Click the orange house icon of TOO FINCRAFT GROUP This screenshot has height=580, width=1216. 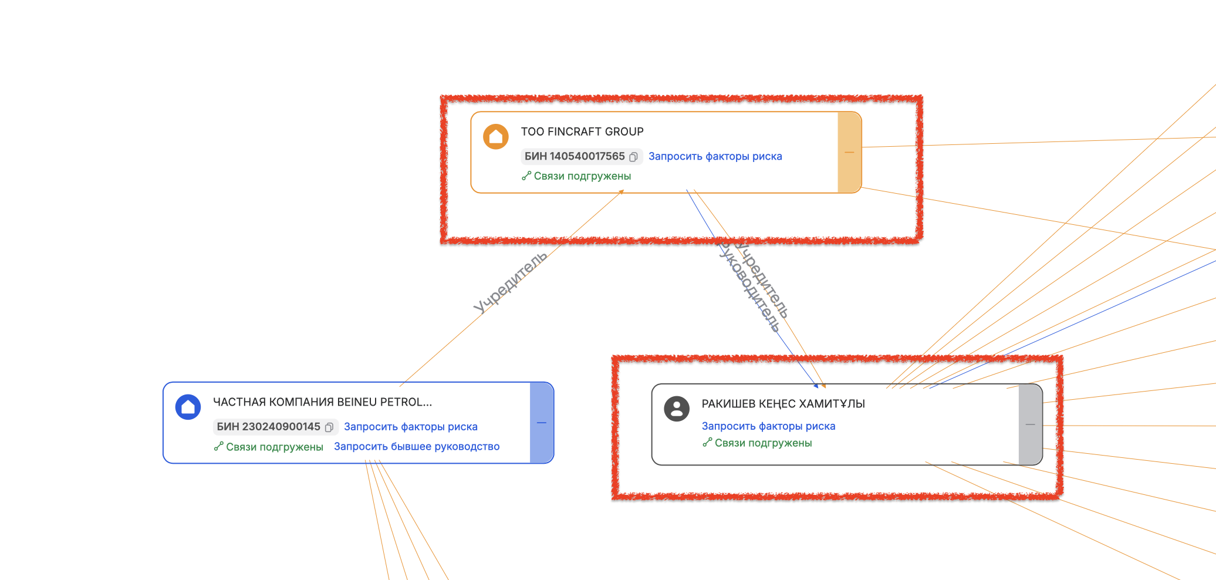click(496, 137)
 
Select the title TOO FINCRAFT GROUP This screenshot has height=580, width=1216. click(582, 131)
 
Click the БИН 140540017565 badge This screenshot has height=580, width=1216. click(575, 156)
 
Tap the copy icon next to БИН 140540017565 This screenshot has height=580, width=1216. click(634, 157)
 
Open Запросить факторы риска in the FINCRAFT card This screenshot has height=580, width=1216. click(715, 156)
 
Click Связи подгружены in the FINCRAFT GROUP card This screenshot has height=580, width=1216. click(582, 176)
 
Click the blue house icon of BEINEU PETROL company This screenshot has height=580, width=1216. click(188, 407)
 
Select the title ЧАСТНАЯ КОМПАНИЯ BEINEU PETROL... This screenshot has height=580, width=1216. click(322, 402)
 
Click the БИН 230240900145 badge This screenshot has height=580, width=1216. click(268, 427)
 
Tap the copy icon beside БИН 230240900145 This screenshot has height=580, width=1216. click(329, 427)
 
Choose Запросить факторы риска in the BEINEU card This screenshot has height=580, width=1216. click(410, 427)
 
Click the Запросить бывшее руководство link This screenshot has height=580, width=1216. click(417, 447)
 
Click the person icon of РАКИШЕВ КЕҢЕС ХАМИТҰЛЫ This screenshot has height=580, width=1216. click(677, 408)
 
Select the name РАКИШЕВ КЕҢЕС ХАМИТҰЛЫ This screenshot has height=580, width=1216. click(783, 404)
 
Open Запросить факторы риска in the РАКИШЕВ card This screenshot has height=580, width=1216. click(768, 426)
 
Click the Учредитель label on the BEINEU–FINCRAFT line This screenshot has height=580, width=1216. click(510, 282)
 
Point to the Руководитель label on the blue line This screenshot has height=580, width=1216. click(749, 286)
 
